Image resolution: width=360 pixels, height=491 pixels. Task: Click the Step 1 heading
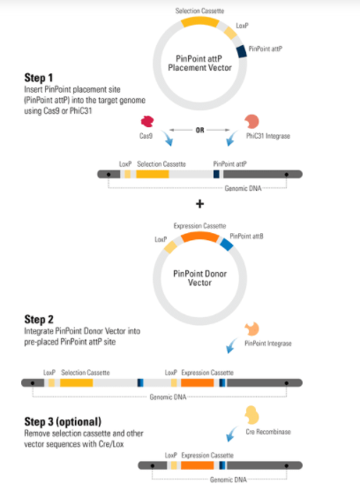pyautogui.click(x=39, y=78)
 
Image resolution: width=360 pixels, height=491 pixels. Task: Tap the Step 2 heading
pyautogui.click(x=39, y=319)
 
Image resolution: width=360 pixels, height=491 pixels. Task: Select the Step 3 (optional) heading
pyautogui.click(x=63, y=421)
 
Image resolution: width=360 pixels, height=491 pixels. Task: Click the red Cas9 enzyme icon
pyautogui.click(x=147, y=121)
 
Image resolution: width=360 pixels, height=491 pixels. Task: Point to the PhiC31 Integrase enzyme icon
pyautogui.click(x=251, y=121)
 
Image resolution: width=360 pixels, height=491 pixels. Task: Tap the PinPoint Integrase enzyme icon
pyautogui.click(x=251, y=329)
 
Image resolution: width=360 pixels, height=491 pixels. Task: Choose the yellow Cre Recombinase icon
pyautogui.click(x=251, y=415)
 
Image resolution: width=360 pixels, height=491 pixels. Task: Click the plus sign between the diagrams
pyautogui.click(x=200, y=204)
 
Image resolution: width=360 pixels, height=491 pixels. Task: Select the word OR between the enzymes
pyautogui.click(x=200, y=130)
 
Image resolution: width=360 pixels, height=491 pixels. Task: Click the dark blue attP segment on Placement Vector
pyautogui.click(x=241, y=51)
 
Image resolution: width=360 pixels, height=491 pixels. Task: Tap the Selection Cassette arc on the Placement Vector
pyautogui.click(x=200, y=21)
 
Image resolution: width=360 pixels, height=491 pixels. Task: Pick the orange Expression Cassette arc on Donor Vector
pyautogui.click(x=200, y=237)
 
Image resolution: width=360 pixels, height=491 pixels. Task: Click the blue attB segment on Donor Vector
pyautogui.click(x=227, y=245)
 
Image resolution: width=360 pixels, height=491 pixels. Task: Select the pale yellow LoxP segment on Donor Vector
pyautogui.click(x=171, y=246)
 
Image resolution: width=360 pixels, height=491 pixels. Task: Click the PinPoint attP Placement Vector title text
pyautogui.click(x=199, y=63)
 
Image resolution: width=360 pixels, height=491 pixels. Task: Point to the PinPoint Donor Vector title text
pyautogui.click(x=199, y=278)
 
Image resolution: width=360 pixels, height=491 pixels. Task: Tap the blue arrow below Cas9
pyautogui.click(x=167, y=139)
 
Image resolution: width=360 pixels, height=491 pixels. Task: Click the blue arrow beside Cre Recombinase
pyautogui.click(x=232, y=434)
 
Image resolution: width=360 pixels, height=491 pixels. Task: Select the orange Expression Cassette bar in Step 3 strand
pyautogui.click(x=197, y=465)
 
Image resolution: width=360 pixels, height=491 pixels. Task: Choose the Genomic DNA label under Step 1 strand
pyautogui.click(x=243, y=188)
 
